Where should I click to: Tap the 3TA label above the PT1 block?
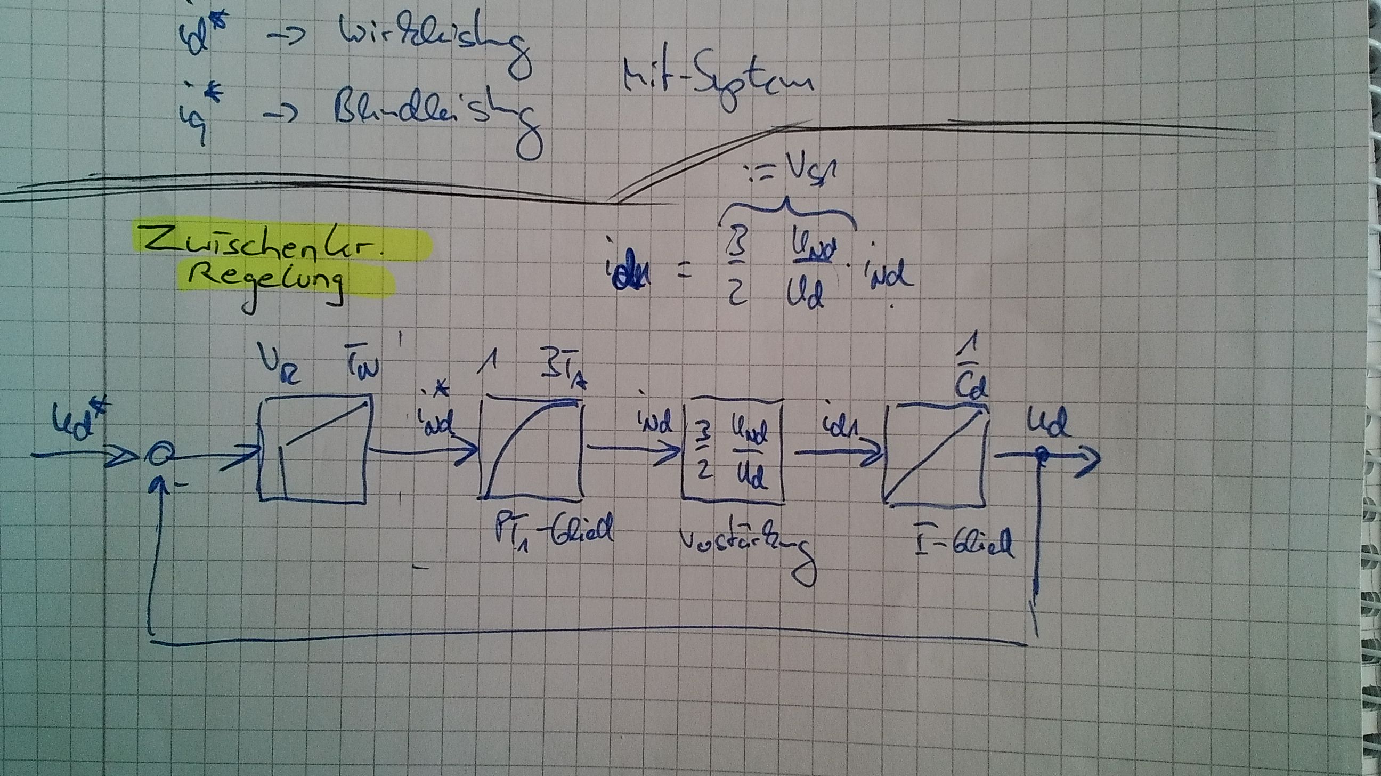[564, 374]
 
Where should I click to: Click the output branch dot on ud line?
[1042, 455]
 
